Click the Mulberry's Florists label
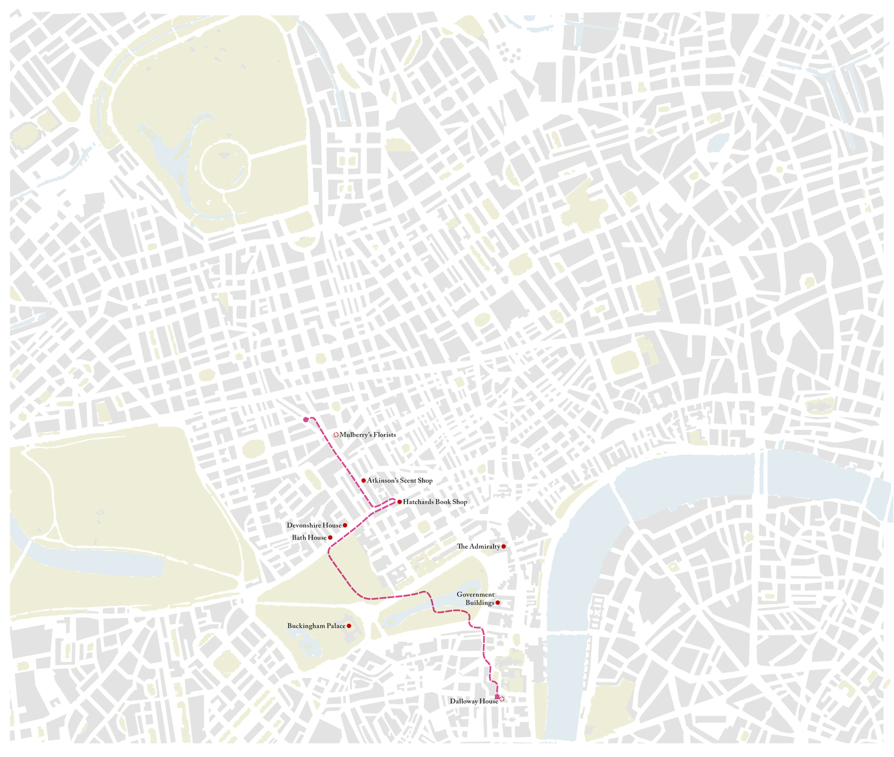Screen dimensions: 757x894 click(x=367, y=435)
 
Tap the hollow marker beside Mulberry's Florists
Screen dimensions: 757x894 click(x=336, y=435)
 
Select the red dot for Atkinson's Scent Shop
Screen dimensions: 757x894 click(x=363, y=480)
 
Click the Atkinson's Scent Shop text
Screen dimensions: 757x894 click(x=399, y=481)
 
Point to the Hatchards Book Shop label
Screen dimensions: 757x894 click(x=435, y=502)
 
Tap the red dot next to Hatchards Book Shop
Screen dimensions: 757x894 click(x=399, y=502)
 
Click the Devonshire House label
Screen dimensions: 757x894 click(x=313, y=525)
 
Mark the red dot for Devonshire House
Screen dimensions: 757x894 click(x=345, y=525)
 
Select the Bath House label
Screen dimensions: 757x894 click(x=309, y=538)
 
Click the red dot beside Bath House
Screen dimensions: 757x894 click(x=330, y=538)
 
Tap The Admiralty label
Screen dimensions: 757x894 click(x=478, y=547)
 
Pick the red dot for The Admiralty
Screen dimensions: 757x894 click(x=503, y=547)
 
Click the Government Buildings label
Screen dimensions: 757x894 click(x=475, y=599)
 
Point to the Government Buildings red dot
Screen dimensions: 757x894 click(x=497, y=603)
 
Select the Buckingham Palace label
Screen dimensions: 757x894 click(x=316, y=626)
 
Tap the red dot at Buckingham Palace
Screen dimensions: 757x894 click(x=349, y=626)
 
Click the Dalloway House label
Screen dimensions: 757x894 click(x=473, y=701)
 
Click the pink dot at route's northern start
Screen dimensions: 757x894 click(x=306, y=420)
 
